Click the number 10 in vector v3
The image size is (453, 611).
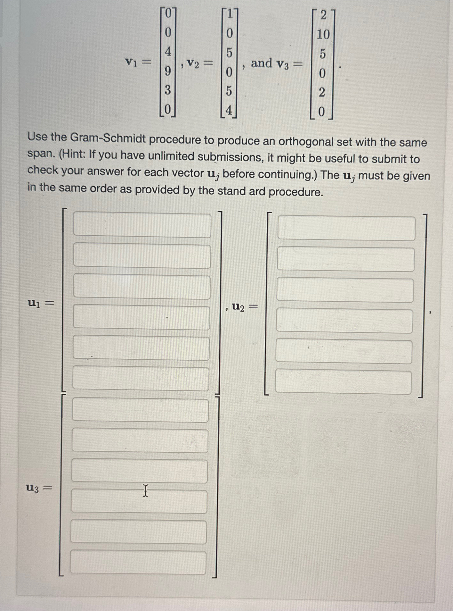pos(323,34)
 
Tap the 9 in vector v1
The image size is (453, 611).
pos(167,71)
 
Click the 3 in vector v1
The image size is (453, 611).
pos(167,90)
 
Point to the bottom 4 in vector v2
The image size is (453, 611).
pos(229,111)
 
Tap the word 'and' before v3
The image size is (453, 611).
pos(261,63)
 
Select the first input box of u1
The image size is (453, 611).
pos(142,226)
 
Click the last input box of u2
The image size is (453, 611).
pos(343,382)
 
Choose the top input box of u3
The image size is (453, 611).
pos(140,410)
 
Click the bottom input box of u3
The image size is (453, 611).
pos(138,562)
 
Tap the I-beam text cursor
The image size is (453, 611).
pos(145,491)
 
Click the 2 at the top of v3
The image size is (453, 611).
pos(323,15)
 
